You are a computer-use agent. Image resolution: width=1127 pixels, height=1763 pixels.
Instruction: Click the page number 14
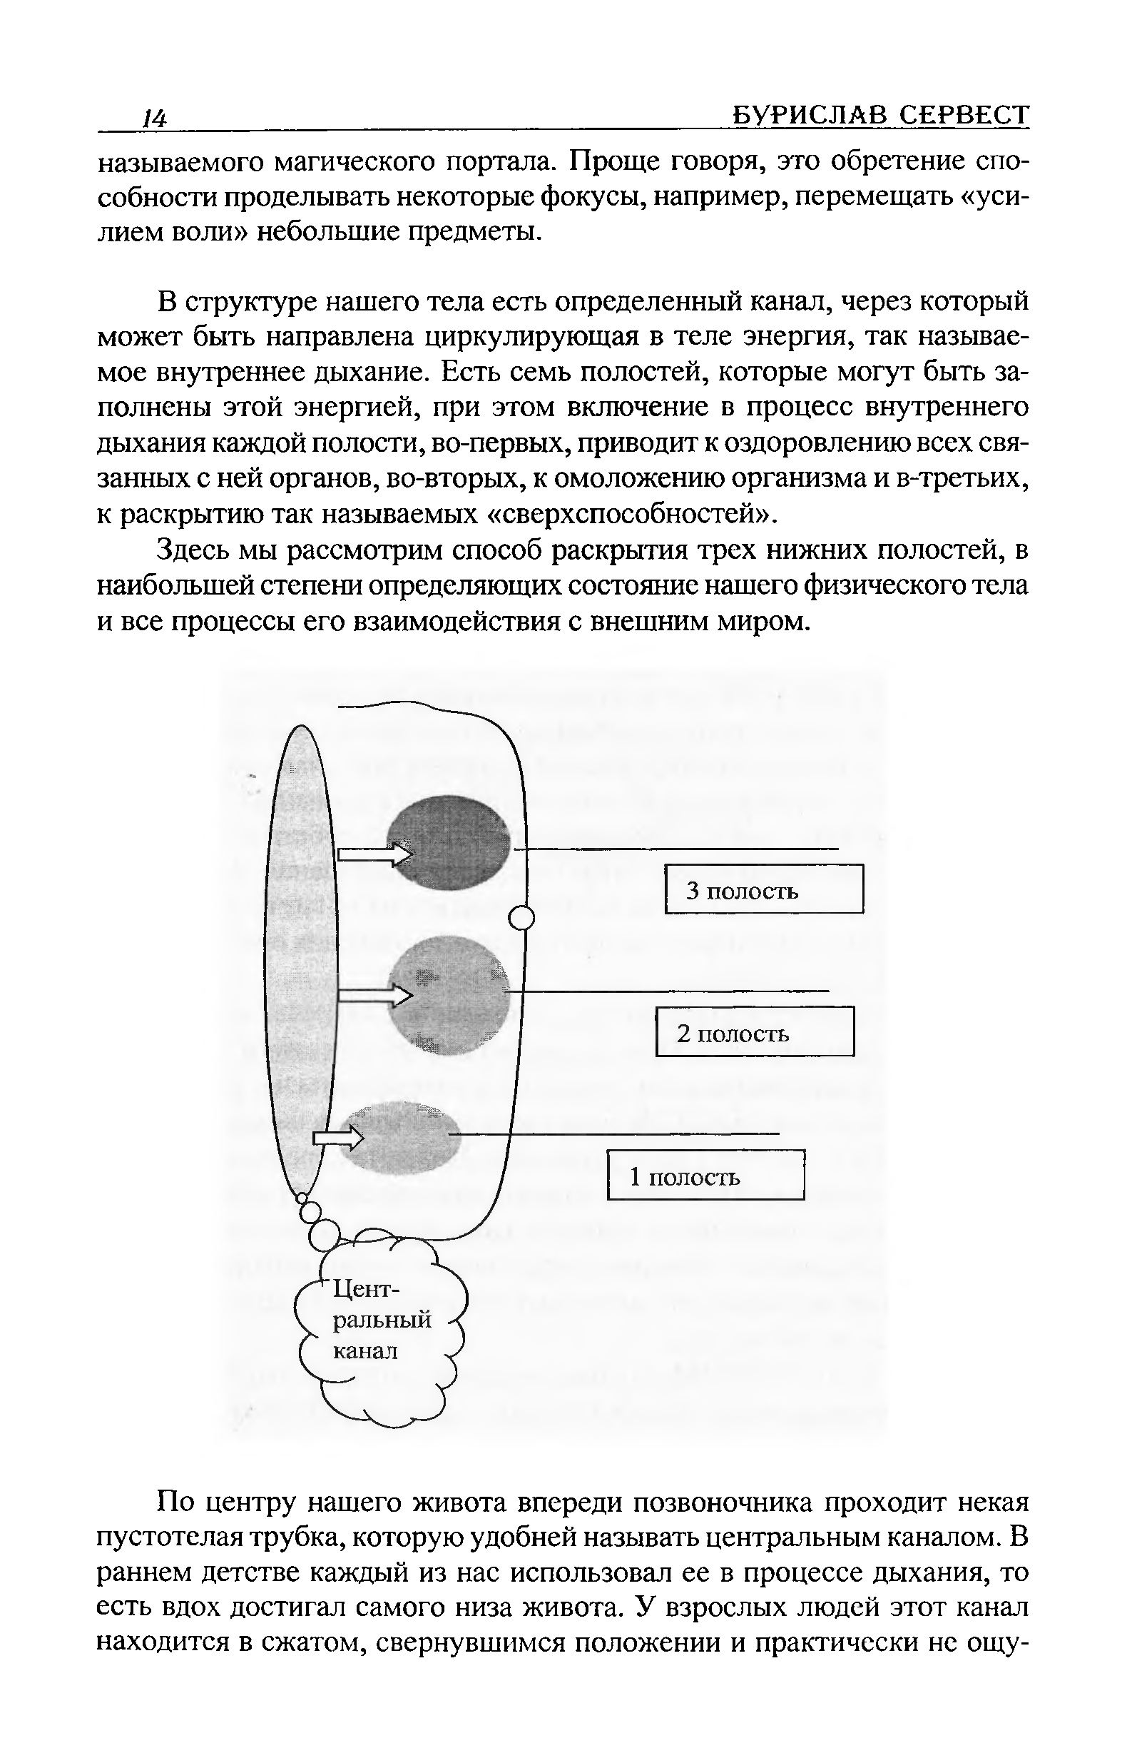click(155, 118)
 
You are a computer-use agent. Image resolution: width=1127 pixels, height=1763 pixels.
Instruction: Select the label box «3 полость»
click(764, 889)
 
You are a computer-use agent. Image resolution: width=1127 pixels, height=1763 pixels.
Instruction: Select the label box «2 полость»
click(755, 1031)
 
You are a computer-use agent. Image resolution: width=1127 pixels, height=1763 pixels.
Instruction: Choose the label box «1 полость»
click(706, 1175)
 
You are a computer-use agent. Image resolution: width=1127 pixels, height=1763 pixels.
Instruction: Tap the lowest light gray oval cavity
click(401, 1136)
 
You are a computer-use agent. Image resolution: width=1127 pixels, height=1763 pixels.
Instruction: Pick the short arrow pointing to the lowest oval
click(338, 1137)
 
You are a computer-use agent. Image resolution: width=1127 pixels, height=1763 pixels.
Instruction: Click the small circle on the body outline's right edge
click(521, 917)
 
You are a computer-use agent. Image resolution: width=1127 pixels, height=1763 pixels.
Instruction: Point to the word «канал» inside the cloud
click(365, 1351)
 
